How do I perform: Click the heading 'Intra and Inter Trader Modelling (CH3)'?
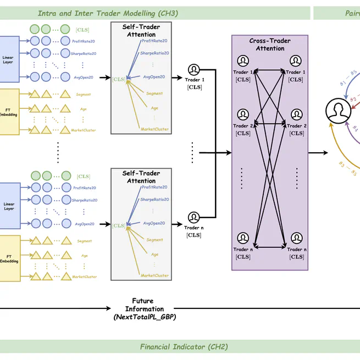pos(108,13)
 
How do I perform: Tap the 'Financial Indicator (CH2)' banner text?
pos(184,347)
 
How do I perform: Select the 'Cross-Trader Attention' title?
pos(270,45)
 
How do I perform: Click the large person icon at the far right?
pos(338,111)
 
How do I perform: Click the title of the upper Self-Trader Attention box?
pos(141,30)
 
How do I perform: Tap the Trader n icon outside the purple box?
pos(193,218)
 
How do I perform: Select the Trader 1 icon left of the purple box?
pos(193,70)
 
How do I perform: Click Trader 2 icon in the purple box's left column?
pos(243,114)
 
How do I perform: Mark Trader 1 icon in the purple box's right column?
pos(296,61)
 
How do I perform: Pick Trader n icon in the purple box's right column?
pos(296,239)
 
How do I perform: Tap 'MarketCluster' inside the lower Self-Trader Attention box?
pos(155,275)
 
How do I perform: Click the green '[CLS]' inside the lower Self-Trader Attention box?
pos(118,225)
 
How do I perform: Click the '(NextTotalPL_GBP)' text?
pos(144,318)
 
